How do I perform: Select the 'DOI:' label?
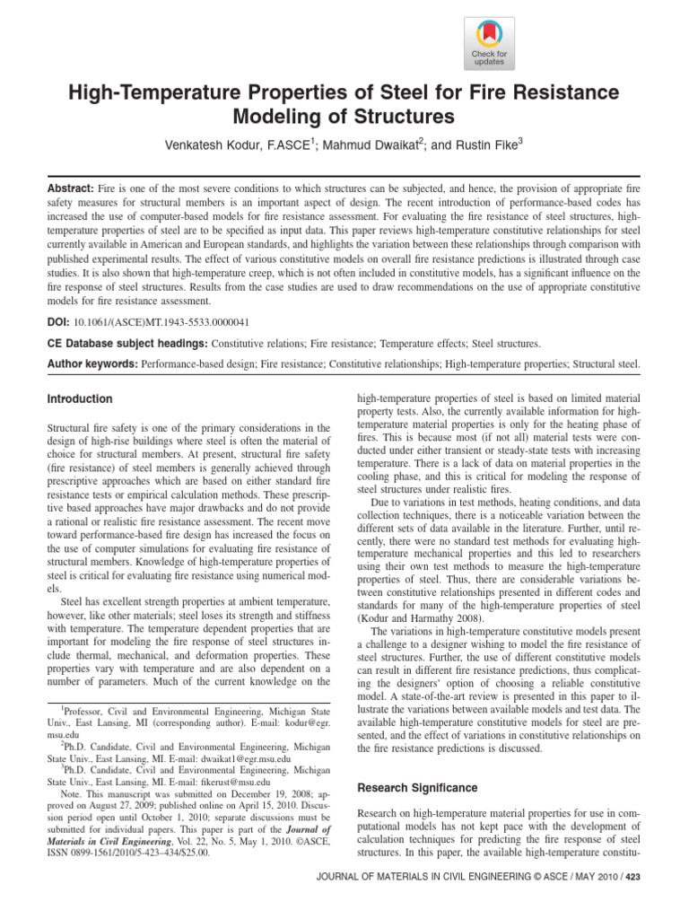click(59, 319)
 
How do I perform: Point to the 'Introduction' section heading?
click(80, 398)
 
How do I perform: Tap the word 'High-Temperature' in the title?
click(160, 93)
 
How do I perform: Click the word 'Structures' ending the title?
click(405, 117)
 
